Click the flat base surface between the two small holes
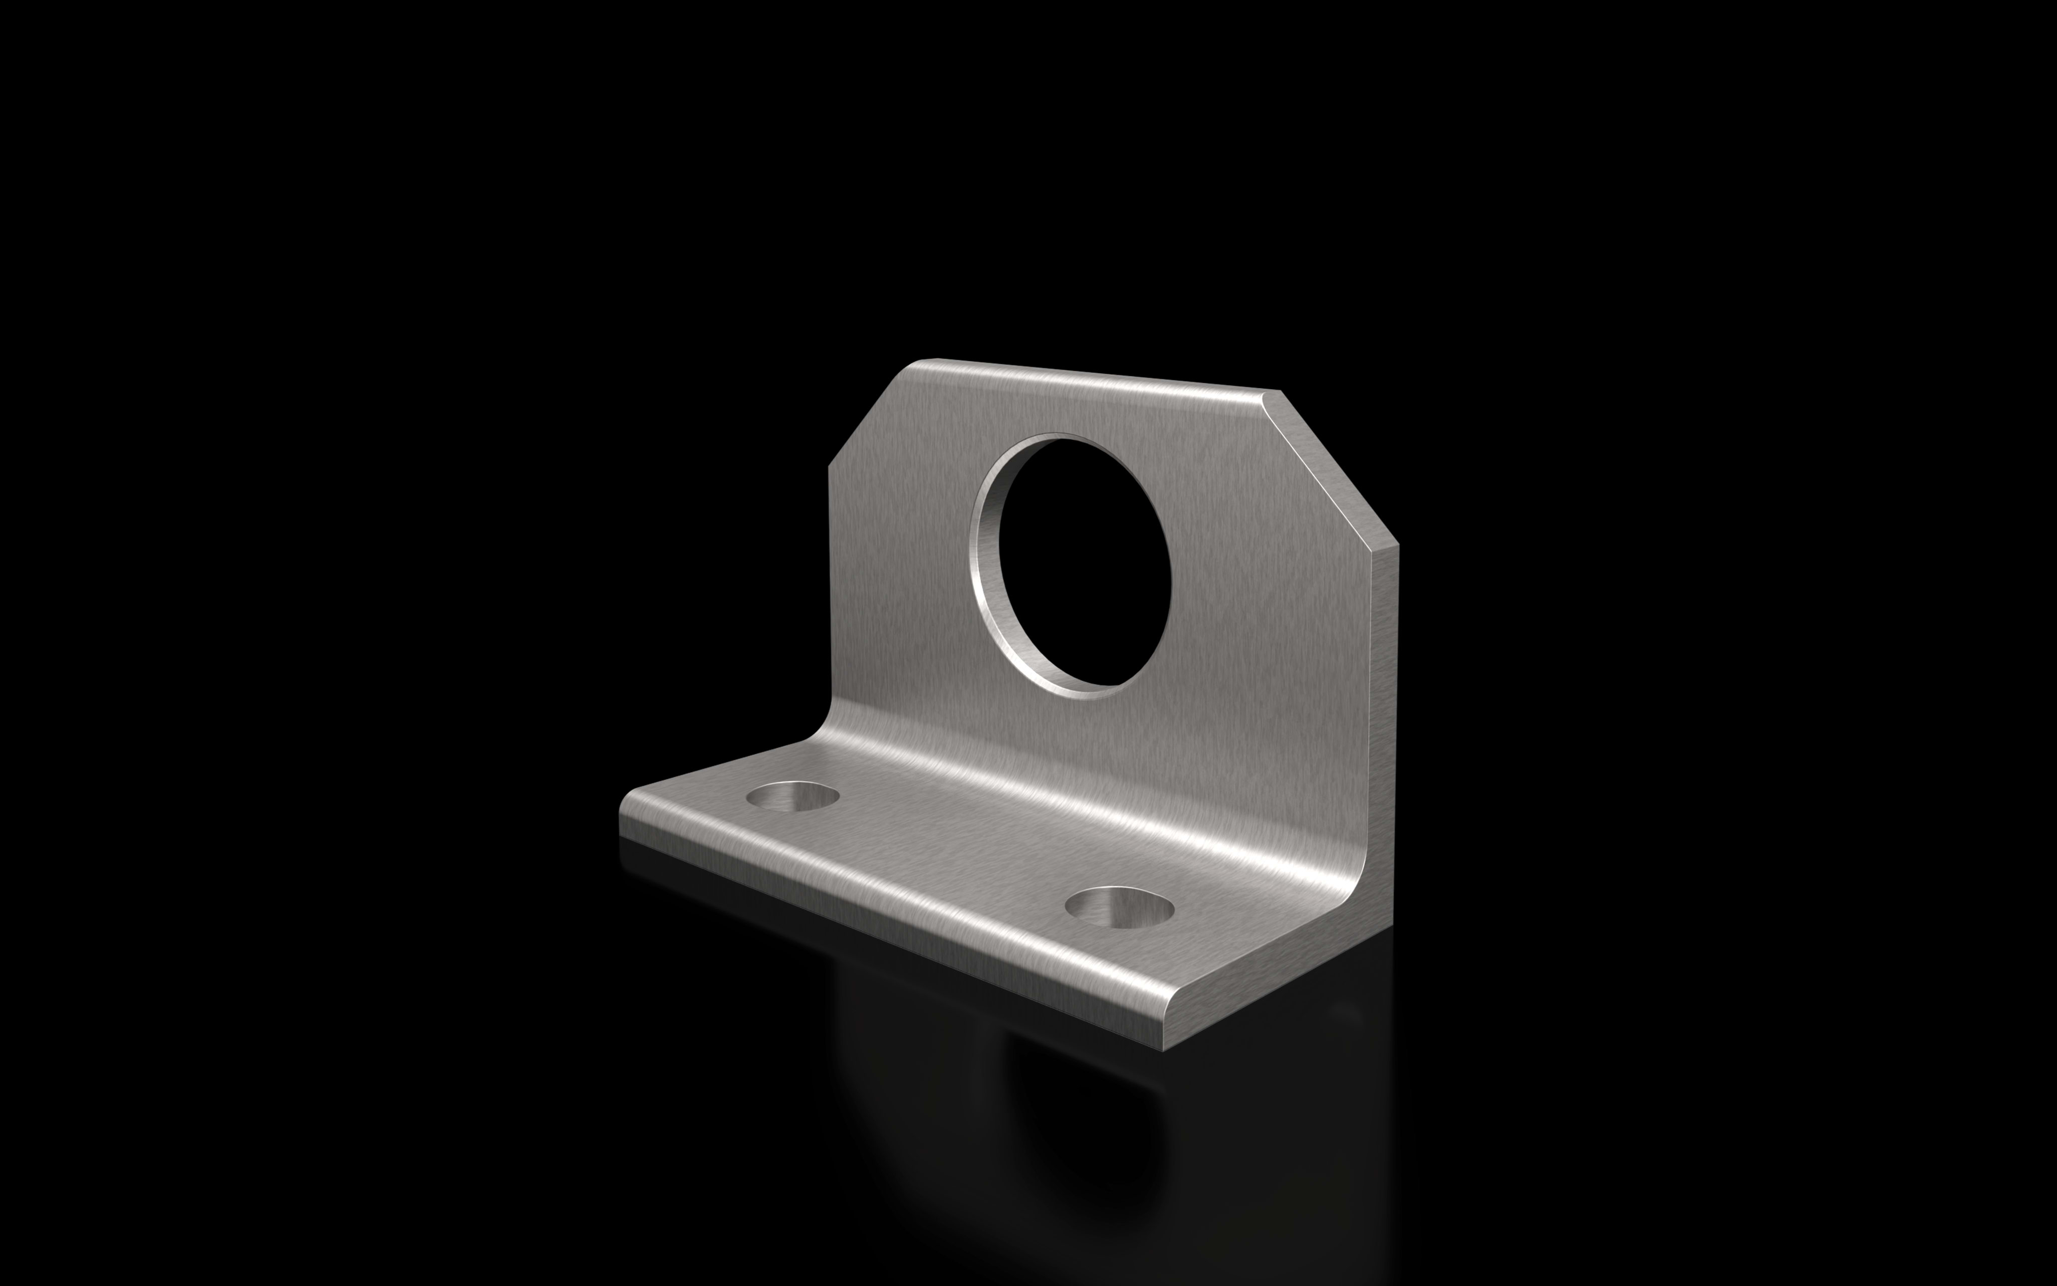pyautogui.click(x=952, y=850)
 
